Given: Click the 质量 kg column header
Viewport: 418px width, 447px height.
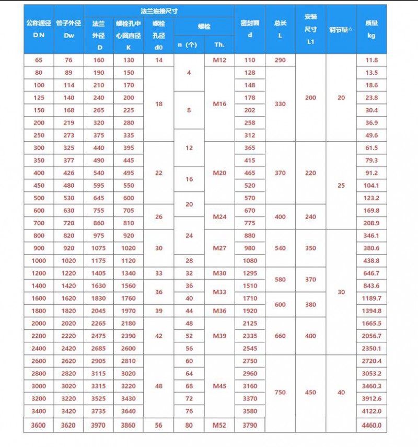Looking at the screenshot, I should point(371,30).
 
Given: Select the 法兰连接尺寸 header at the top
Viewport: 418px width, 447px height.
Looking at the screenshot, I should point(159,11).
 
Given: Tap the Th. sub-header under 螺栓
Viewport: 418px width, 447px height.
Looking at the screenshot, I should point(219,44).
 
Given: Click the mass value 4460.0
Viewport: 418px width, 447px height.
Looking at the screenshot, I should point(371,426).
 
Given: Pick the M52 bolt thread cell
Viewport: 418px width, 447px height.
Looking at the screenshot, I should point(219,426).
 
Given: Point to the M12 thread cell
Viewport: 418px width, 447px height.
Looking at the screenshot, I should point(219,60).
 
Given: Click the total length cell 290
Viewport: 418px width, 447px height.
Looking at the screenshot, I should point(280,60).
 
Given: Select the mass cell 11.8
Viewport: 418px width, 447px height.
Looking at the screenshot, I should point(371,60).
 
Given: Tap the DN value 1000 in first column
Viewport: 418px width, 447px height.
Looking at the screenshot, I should point(38,261).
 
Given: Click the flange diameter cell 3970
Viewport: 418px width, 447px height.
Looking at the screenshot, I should point(98,426).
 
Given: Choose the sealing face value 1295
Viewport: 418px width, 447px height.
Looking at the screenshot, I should point(250,273).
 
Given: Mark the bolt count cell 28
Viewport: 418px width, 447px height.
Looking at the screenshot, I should point(189,261).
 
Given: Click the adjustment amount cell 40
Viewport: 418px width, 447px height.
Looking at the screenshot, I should point(341,392).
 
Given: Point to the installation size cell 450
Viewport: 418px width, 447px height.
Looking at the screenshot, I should point(310,392).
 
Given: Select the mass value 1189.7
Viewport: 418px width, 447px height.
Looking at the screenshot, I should point(371,299).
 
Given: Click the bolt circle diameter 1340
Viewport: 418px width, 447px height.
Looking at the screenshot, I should point(129,273).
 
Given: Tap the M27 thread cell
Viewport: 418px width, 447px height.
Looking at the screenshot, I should point(219,248).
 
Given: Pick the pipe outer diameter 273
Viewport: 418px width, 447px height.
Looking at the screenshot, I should point(68,135).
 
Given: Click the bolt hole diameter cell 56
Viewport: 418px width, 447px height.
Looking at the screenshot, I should point(159,426).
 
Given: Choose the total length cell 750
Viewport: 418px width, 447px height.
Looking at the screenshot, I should point(280,392).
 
